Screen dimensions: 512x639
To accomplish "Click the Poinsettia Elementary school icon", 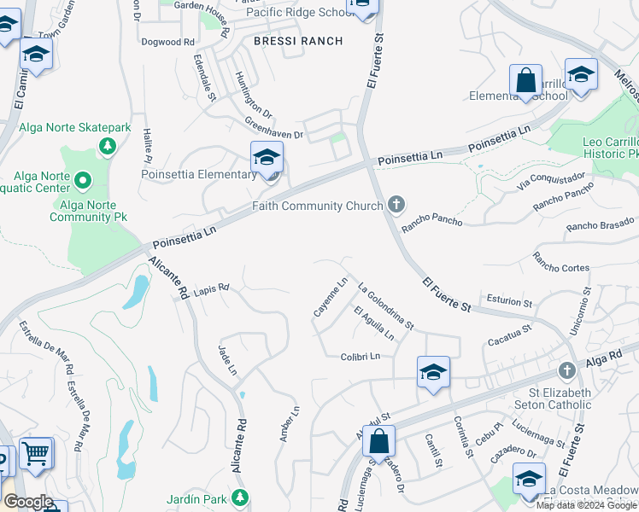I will pos(267,159).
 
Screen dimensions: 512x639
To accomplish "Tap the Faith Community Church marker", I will pos(395,205).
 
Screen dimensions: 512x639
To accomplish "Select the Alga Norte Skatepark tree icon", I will pos(107,147).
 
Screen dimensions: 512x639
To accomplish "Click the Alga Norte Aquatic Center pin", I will pos(83,181).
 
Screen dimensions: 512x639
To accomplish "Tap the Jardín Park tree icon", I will pos(241,497).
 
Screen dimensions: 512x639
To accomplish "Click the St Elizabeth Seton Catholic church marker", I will pos(566,371).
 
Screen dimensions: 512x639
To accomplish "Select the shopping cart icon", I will pos(36,454).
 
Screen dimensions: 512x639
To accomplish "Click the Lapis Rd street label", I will pos(211,288).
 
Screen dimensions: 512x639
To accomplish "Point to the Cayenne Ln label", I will pos(331,297).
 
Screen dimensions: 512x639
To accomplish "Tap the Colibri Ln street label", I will pos(360,357).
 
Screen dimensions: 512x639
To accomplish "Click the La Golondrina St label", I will pos(386,306).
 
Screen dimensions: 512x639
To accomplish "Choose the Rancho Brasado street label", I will pos(600,224).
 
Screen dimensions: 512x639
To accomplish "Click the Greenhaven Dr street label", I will pos(274,129).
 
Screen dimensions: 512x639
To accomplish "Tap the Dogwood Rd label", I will pos(168,41).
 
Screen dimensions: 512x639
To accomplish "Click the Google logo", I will pos(28,502).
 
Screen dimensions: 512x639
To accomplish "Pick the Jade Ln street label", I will pos(227,359).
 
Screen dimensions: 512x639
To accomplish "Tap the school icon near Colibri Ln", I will pos(433,372).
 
